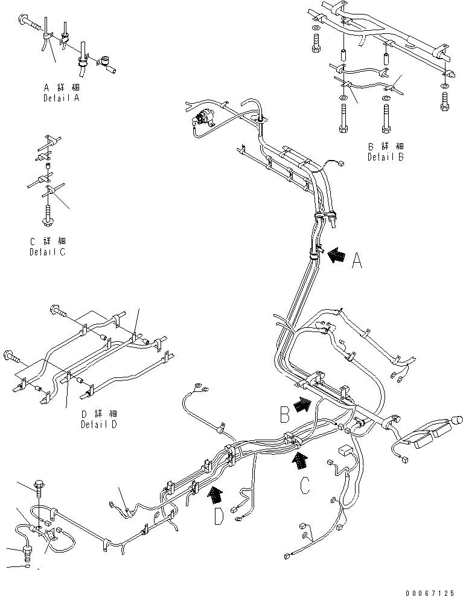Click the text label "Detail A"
click(x=62, y=97)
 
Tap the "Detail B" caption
click(x=386, y=156)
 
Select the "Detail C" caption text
click(x=47, y=252)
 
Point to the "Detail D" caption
click(x=99, y=424)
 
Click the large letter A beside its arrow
click(x=357, y=261)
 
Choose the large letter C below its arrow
click(x=305, y=485)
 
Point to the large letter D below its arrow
click(x=219, y=517)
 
